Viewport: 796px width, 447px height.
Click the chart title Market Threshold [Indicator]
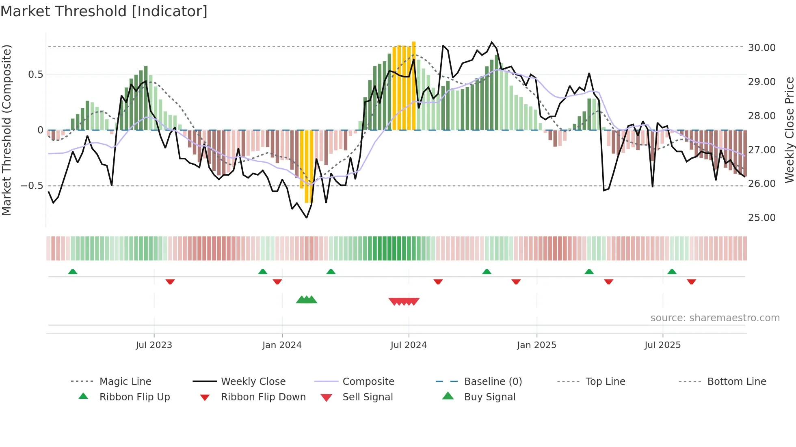click(x=104, y=11)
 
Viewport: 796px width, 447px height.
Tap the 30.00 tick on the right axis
click(x=761, y=48)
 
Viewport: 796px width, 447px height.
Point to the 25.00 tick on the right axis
click(x=761, y=218)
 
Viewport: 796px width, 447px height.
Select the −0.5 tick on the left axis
click(x=32, y=186)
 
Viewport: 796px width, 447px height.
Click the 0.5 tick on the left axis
click(x=35, y=75)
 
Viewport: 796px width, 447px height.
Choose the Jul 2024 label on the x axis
click(x=409, y=345)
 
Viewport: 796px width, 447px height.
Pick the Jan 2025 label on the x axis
click(x=536, y=345)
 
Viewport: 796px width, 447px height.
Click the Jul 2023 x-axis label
click(x=154, y=345)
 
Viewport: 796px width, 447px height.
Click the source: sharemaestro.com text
click(x=715, y=318)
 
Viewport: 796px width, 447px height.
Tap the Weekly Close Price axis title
click(x=789, y=130)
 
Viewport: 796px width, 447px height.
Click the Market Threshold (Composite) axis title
click(x=6, y=130)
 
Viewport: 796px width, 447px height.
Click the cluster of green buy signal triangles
click(x=307, y=300)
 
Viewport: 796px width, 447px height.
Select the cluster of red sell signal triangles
click(x=404, y=301)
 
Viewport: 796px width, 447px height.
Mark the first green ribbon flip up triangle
click(x=73, y=272)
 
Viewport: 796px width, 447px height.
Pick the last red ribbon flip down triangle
click(x=691, y=282)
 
